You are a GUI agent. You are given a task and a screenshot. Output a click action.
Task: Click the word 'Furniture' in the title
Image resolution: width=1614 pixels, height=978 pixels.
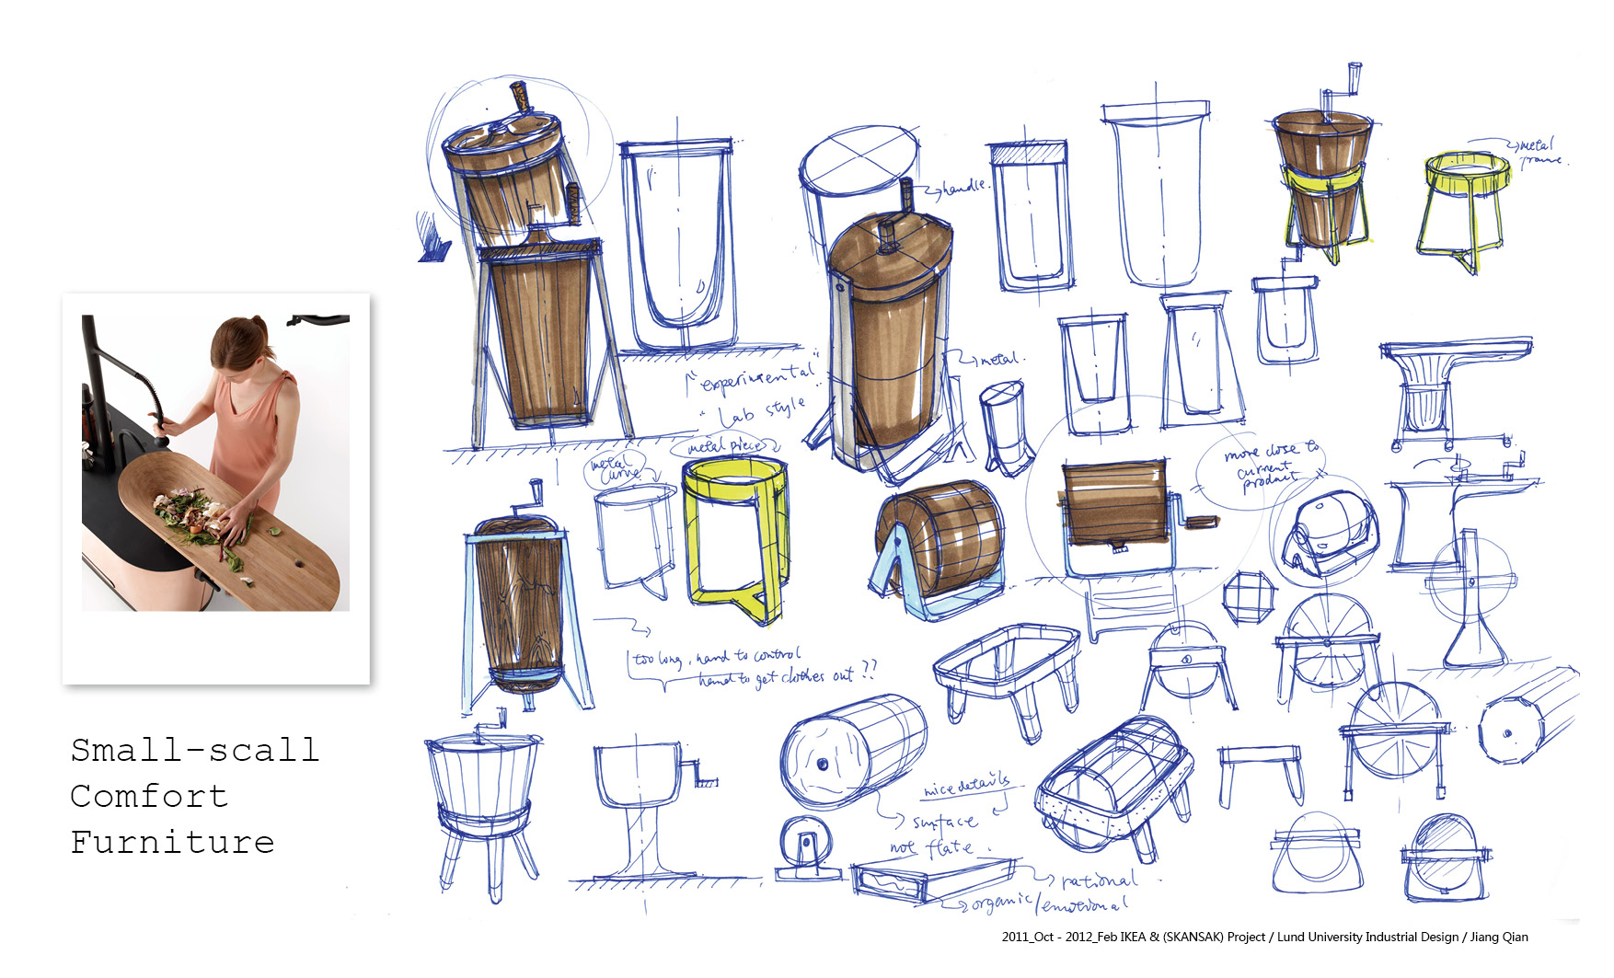[172, 842]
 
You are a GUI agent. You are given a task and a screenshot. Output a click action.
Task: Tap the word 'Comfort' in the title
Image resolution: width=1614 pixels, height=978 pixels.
[149, 796]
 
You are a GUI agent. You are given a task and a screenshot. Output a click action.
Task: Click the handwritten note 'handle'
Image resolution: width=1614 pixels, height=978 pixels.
[963, 188]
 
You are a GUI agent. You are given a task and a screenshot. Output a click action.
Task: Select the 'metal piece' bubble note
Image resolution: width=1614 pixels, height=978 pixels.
[726, 446]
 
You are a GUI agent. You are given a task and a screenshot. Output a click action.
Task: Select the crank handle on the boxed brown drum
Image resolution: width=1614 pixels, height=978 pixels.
[1196, 521]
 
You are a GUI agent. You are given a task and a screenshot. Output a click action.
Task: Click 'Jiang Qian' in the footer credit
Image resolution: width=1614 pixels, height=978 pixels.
[1499, 938]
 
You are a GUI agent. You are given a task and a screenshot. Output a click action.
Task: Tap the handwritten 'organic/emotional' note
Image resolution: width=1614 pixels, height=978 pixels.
[1049, 904]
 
